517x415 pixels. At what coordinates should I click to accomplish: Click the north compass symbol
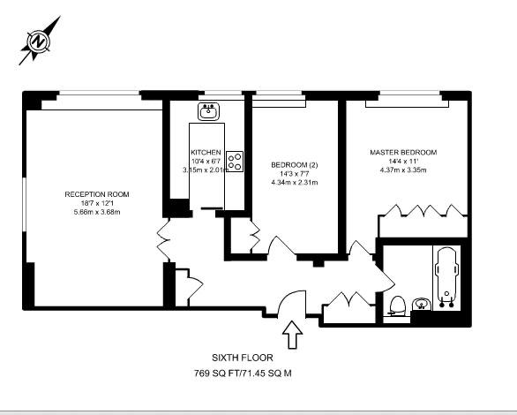(39, 41)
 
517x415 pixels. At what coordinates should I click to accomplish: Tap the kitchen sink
(208, 111)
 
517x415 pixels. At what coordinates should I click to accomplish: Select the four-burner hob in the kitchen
(235, 162)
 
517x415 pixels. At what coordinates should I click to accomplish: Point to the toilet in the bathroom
(397, 306)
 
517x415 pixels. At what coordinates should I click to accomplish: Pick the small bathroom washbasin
(422, 304)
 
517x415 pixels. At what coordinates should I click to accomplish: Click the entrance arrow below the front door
(292, 335)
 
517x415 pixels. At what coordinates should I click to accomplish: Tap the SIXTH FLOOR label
(243, 358)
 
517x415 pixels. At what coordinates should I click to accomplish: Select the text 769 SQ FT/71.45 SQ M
(243, 373)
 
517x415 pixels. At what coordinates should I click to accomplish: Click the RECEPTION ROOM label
(97, 194)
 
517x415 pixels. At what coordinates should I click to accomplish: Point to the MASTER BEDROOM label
(403, 153)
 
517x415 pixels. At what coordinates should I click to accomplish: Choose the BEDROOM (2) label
(295, 164)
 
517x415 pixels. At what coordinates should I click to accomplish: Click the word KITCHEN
(206, 153)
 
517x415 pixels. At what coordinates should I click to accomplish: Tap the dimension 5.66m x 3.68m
(97, 212)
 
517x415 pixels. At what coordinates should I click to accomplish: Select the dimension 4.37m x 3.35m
(403, 170)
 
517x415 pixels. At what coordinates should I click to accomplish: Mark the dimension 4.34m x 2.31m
(295, 183)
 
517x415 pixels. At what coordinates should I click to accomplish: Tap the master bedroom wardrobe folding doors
(423, 210)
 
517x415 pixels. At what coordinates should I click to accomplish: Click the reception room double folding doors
(164, 239)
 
